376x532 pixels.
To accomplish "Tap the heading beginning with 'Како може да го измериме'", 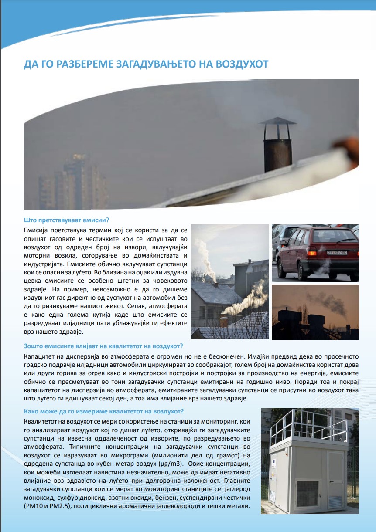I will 104,411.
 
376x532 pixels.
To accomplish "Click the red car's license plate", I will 337,252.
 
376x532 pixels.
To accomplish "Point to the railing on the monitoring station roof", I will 313,425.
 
